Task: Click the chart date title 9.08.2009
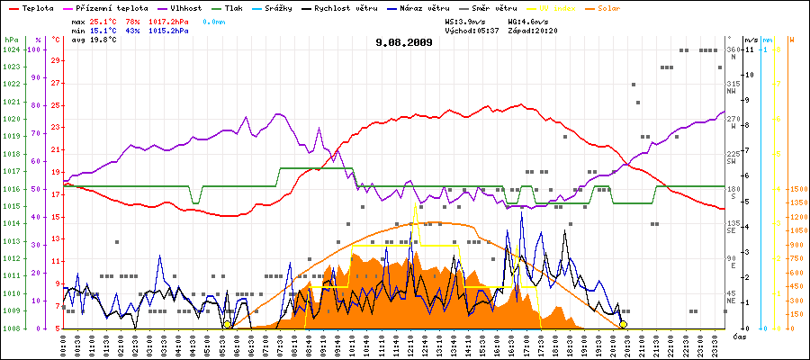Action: (x=405, y=41)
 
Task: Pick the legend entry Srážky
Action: (x=285, y=7)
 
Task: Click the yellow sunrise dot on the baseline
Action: (x=227, y=324)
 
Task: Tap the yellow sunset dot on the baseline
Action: (x=623, y=324)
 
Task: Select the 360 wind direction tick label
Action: (x=733, y=49)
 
